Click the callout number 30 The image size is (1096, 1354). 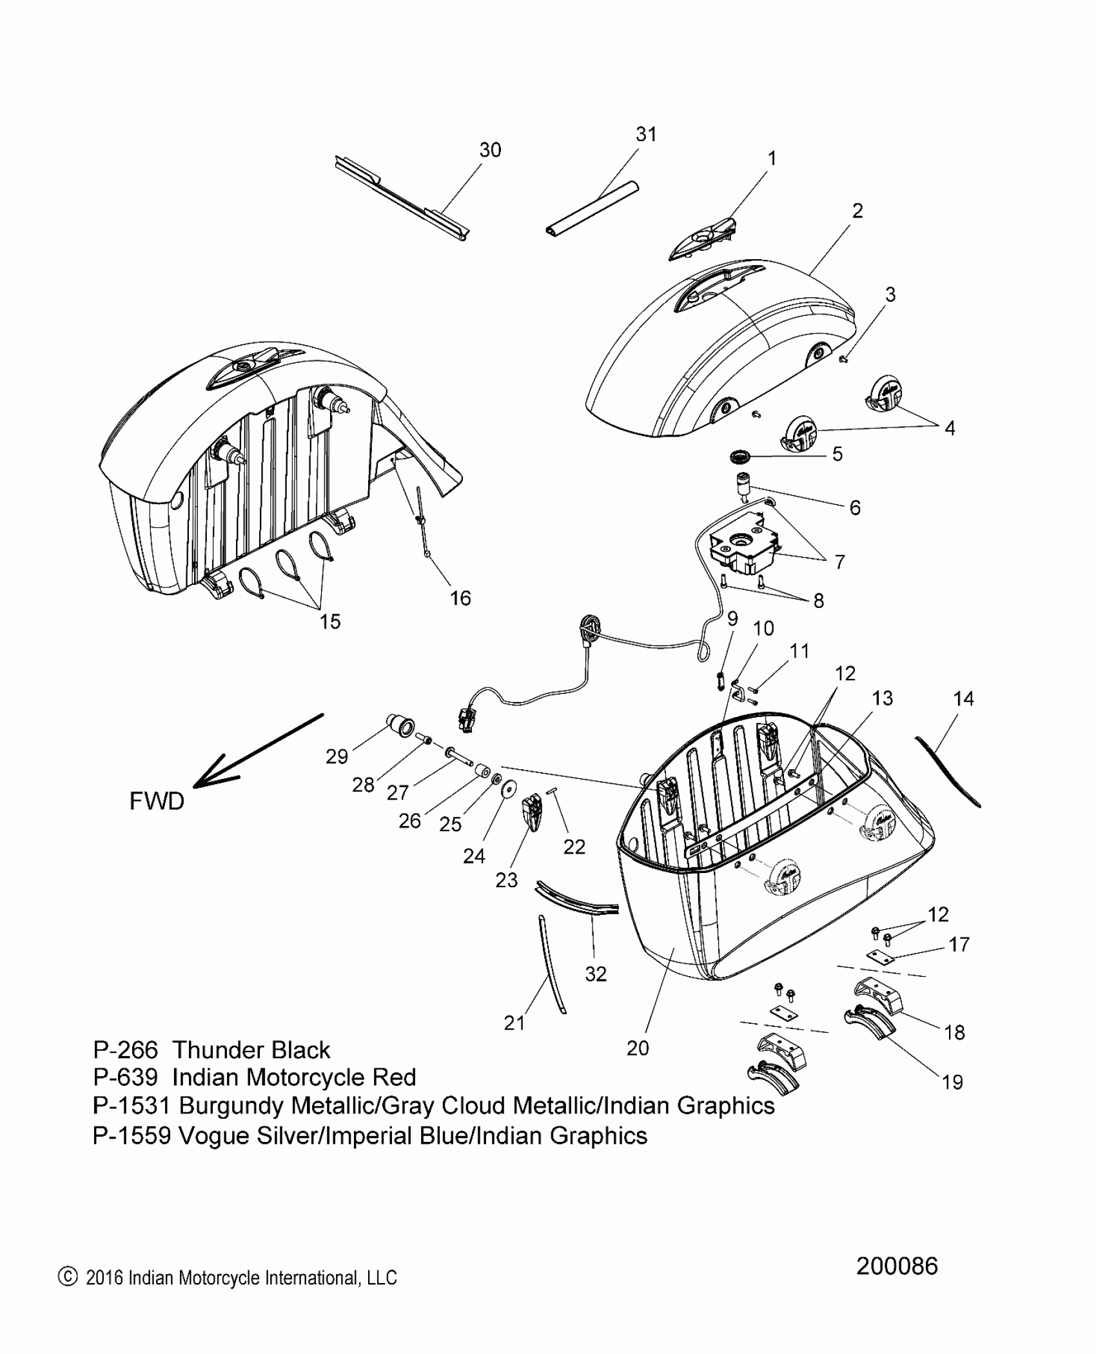490,150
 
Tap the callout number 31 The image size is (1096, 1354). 646,134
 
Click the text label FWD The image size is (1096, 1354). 157,801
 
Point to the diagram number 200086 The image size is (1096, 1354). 897,1266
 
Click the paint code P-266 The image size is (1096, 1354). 125,1050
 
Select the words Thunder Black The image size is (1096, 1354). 251,1050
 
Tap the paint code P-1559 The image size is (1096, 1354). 132,1135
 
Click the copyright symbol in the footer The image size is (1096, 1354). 67,1277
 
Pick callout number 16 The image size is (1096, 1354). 460,598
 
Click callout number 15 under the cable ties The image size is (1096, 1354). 330,622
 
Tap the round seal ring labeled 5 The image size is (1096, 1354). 740,457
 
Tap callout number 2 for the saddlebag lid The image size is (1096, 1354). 857,211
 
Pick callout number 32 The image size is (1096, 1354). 596,974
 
